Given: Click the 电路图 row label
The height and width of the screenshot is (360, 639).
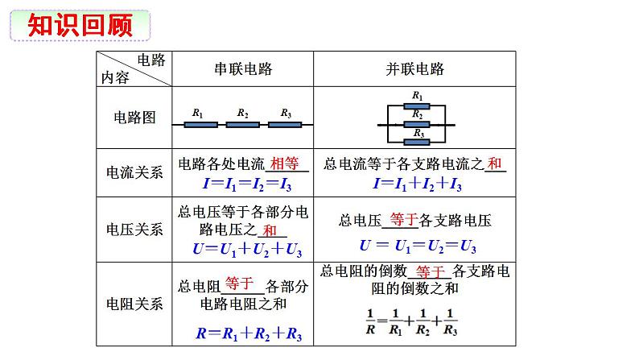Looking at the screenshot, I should click(134, 118).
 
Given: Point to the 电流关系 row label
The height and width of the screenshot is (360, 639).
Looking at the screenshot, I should click(134, 172).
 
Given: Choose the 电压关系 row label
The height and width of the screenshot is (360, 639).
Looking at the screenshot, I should click(134, 229).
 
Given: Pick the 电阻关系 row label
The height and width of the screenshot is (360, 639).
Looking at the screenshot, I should click(134, 304).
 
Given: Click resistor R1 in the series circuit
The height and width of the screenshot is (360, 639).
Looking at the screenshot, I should click(200, 125).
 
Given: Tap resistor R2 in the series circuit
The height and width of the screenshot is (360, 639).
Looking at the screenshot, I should click(242, 125).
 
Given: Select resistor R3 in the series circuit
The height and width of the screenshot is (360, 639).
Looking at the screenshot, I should click(285, 125).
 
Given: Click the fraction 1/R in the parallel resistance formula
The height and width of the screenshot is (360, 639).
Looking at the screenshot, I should click(370, 321).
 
